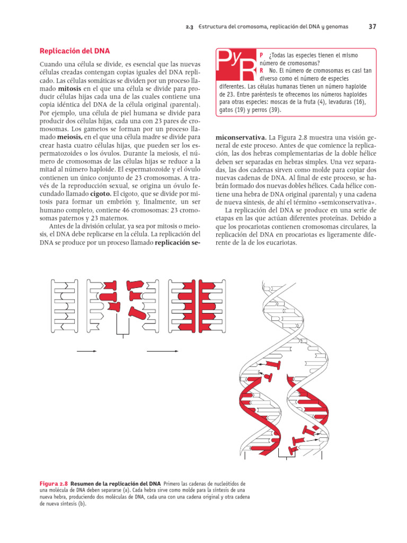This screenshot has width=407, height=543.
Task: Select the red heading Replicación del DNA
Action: [75, 51]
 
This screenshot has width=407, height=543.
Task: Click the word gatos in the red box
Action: [229, 110]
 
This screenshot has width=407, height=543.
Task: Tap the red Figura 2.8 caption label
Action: [55, 484]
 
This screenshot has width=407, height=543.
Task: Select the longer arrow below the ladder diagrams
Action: [162, 351]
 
